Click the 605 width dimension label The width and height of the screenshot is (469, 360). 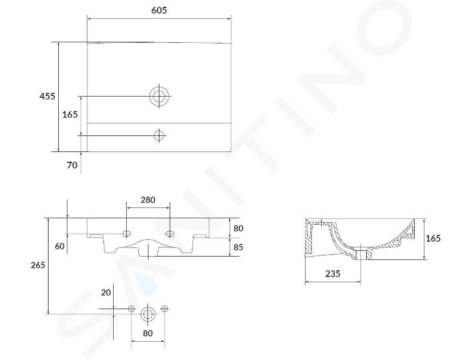[x=159, y=10]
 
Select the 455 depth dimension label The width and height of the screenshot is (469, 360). [x=47, y=96]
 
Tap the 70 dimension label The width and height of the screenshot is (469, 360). [x=72, y=165]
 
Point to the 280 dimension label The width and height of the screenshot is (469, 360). [x=148, y=200]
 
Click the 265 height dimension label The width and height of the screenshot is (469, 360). [x=38, y=265]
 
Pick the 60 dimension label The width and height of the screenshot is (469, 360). [x=59, y=246]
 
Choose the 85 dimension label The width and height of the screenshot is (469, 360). [x=238, y=247]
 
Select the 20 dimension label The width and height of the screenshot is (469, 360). [x=106, y=293]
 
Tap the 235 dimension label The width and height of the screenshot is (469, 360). [x=332, y=274]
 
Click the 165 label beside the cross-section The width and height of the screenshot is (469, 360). [x=433, y=238]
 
